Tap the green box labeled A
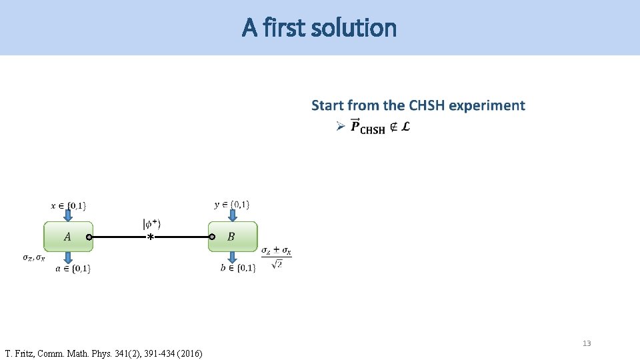tap(68, 237)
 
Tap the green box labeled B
tap(232, 237)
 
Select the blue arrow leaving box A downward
tap(68, 257)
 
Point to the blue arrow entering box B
tap(232, 215)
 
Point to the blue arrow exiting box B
tap(232, 257)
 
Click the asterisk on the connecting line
tap(151, 237)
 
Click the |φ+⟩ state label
tap(151, 224)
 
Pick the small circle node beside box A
tap(89, 237)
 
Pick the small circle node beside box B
tap(211, 237)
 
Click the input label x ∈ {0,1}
tap(68, 205)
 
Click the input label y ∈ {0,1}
tap(232, 204)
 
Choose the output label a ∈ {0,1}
tap(73, 268)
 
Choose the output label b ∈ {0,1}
tap(238, 268)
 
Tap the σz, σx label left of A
tap(33, 257)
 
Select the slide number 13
tap(587, 343)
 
